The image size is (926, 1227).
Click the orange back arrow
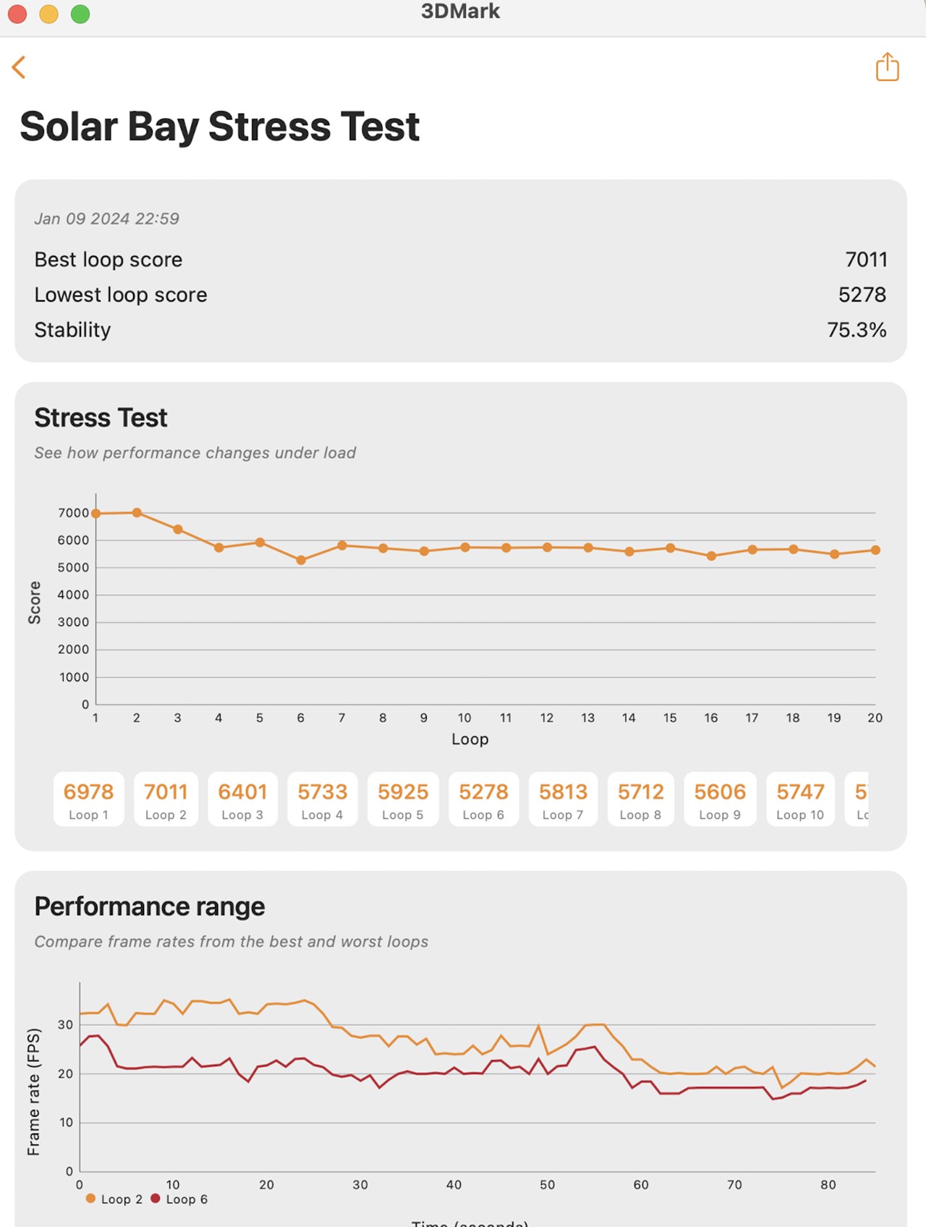(20, 67)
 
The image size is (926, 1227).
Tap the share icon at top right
(887, 67)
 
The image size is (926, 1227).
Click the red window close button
(17, 14)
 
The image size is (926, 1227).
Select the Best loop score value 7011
(865, 259)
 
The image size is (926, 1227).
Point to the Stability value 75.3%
(857, 330)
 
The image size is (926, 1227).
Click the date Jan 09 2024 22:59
(106, 218)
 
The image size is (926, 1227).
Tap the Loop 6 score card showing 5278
(483, 799)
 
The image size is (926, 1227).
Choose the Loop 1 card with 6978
(88, 799)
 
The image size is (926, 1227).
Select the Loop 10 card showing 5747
(800, 799)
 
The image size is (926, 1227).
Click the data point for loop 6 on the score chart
(301, 560)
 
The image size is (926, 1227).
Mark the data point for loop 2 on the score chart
(137, 512)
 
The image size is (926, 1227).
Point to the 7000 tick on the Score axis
(73, 513)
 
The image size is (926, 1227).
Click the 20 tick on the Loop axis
(875, 718)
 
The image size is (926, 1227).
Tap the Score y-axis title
(34, 603)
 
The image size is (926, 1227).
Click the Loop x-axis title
(470, 739)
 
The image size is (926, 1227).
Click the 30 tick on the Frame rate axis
(65, 1024)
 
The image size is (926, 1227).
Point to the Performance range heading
(150, 907)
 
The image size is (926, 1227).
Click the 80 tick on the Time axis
(828, 1185)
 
